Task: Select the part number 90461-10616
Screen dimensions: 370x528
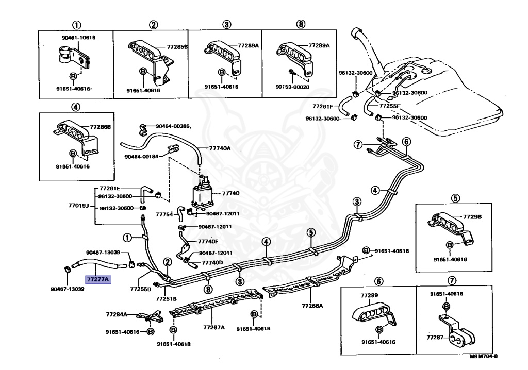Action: (77, 38)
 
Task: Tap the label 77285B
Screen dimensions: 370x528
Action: (177, 47)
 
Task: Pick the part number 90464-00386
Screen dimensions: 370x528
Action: (173, 125)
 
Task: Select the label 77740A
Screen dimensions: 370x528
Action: (220, 148)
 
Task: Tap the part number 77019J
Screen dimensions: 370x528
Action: (78, 205)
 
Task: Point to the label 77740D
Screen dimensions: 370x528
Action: (212, 262)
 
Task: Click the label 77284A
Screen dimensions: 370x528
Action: (117, 314)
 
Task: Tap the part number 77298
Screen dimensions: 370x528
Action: (472, 217)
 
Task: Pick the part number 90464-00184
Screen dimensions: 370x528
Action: (142, 157)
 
